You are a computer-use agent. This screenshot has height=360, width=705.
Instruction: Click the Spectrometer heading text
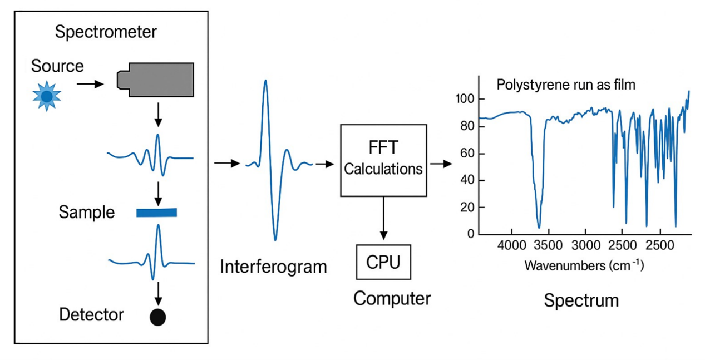coord(106,32)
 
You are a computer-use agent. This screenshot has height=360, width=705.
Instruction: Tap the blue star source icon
coord(47,97)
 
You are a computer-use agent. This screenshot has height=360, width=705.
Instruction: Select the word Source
coord(57,66)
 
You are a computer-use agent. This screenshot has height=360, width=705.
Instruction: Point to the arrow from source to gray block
coord(90,85)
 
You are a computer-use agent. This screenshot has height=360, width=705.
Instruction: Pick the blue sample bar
coord(156,212)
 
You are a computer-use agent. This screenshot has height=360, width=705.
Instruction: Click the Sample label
coord(87,212)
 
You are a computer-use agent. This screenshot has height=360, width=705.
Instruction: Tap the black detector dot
coord(158,317)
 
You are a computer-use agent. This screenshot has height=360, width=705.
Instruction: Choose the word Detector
coord(91,315)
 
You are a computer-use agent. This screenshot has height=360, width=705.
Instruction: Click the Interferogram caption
coord(273,266)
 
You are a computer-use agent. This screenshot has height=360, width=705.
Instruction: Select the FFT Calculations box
coord(383,160)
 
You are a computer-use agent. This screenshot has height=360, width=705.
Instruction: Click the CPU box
coord(383,262)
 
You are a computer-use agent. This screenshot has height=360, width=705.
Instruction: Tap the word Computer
coord(392,299)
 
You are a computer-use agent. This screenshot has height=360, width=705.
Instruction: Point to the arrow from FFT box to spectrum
coord(440,164)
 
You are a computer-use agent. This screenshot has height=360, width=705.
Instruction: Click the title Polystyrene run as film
coord(565,86)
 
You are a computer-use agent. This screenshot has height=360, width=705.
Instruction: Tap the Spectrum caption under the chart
coord(581,300)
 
